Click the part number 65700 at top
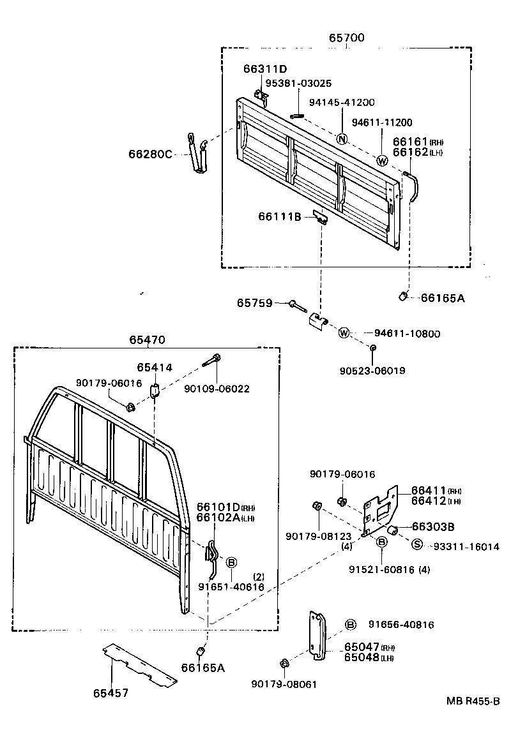click(x=347, y=38)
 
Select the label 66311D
click(x=265, y=69)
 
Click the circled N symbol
click(x=342, y=140)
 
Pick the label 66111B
click(x=279, y=217)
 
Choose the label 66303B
click(x=433, y=527)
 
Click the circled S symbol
click(x=416, y=544)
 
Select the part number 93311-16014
click(x=466, y=546)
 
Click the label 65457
click(x=111, y=692)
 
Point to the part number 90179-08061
click(x=284, y=684)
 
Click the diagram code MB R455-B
click(x=473, y=701)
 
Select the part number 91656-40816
click(x=400, y=625)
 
